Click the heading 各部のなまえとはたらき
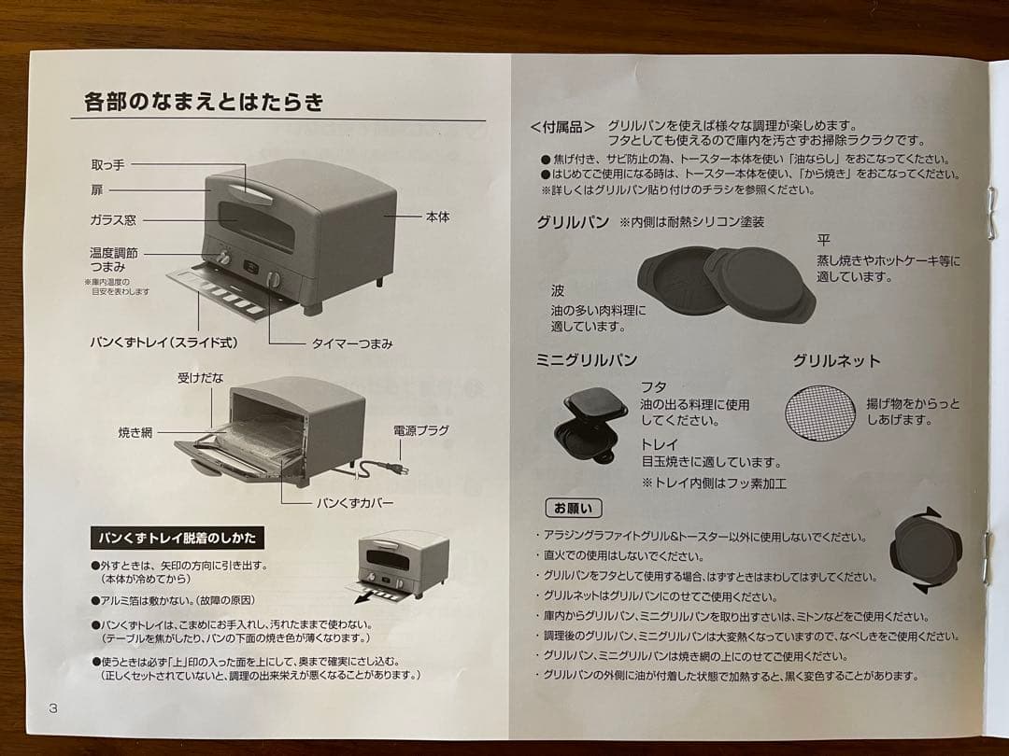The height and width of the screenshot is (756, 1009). pos(203,102)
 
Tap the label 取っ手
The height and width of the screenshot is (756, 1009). pos(107,165)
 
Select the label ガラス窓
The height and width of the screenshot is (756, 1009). pos(113,220)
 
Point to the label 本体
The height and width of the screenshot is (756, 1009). pos(437,217)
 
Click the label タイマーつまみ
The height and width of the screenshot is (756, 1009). pos(352,343)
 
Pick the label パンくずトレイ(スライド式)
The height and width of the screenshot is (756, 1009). pos(163,343)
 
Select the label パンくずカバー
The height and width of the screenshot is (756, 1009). pos(355,503)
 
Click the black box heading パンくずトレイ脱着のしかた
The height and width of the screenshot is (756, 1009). pos(178,539)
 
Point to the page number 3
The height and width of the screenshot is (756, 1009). pos(53,707)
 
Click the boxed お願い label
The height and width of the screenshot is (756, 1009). pos(574,509)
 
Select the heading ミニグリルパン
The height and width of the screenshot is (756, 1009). pos(587,360)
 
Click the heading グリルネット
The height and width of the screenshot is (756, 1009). pos(836,360)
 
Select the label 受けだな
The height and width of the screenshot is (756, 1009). pos(200,378)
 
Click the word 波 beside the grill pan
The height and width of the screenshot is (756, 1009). pos(558,291)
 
